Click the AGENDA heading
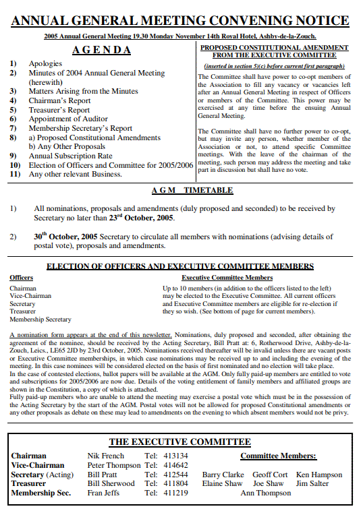pos(101,50)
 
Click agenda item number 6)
pos(13,119)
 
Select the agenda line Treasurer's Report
pos(59,110)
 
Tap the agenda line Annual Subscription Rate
pos(70,156)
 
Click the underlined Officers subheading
pos(21,278)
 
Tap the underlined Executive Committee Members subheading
pos(227,278)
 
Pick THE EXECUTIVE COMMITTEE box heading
pos(179,442)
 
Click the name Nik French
pos(106,456)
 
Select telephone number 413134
pos(176,456)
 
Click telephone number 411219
pos(176,493)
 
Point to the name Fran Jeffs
pos(104,493)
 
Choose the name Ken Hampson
pos(318,475)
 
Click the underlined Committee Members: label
pos(278,456)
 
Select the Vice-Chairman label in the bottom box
pos(38,465)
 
